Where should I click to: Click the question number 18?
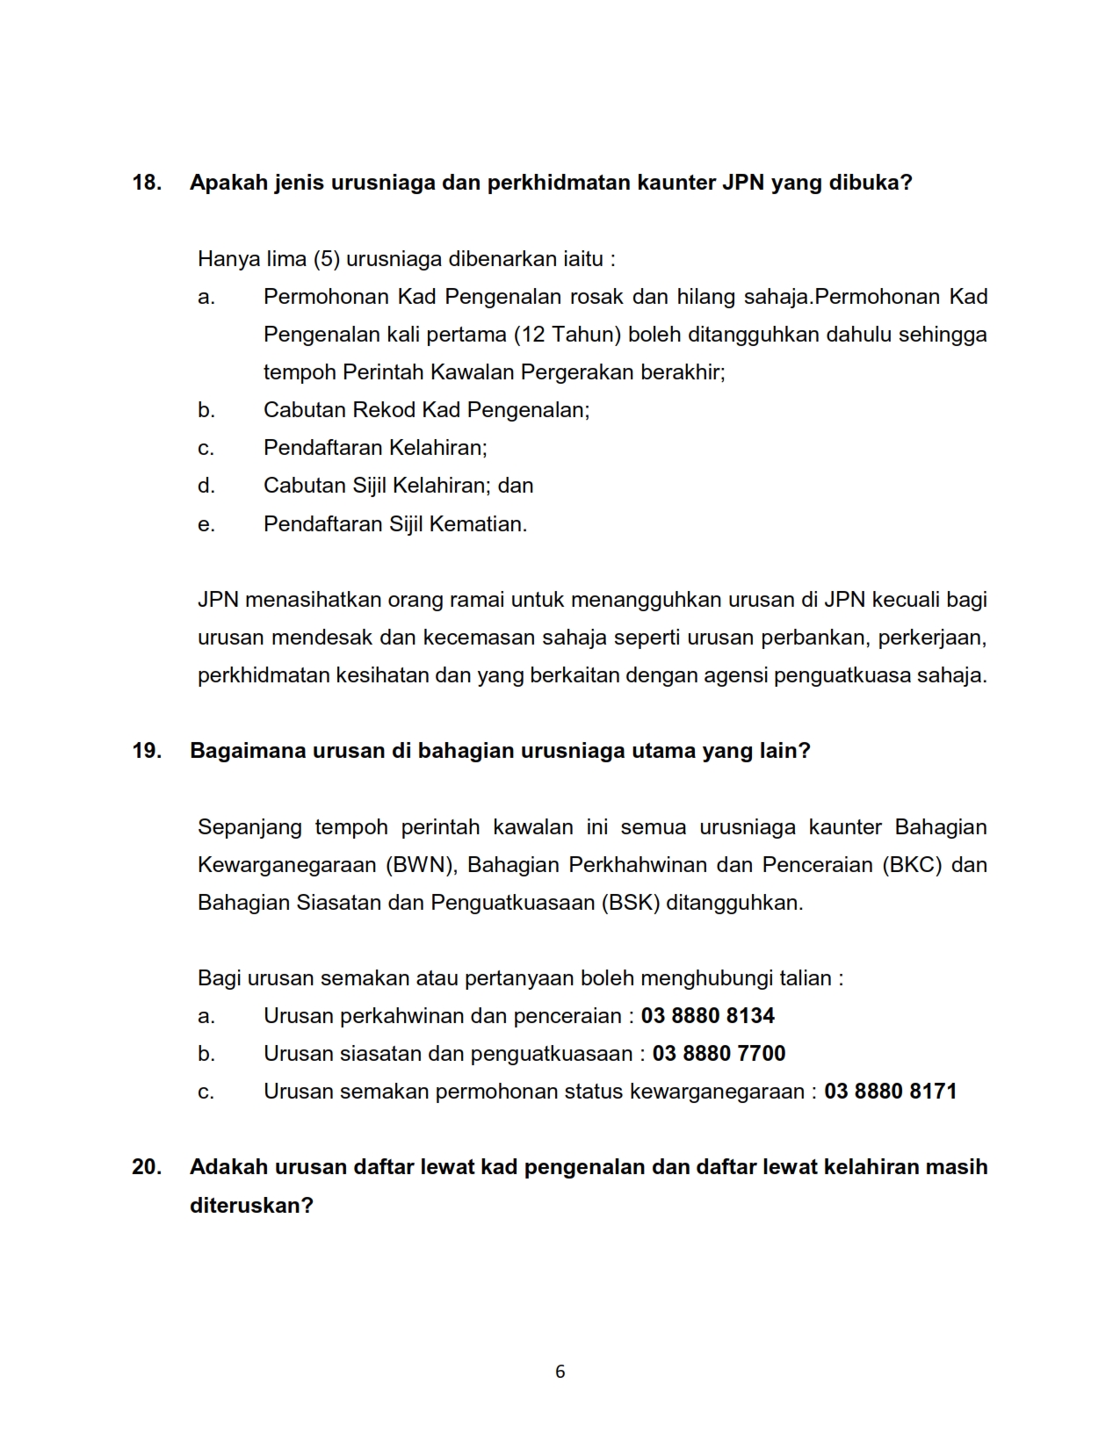[x=146, y=183]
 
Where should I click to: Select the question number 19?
[x=146, y=751]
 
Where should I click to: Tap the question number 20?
[x=146, y=1167]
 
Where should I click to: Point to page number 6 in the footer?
[x=560, y=1372]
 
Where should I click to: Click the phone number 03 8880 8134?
[x=707, y=1016]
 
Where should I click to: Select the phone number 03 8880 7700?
[x=719, y=1054]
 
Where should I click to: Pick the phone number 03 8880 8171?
[x=890, y=1092]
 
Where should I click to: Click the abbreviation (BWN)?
[x=420, y=865]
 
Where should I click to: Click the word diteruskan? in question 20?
[x=251, y=1205]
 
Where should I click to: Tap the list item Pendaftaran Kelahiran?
[x=375, y=448]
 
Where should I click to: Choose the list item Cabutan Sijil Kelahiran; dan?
[x=398, y=486]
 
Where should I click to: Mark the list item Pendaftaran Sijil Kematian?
[x=395, y=524]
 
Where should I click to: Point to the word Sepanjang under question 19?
[x=249, y=827]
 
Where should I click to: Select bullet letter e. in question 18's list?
[x=206, y=524]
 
